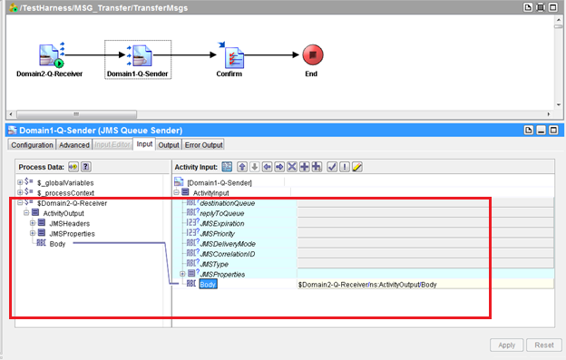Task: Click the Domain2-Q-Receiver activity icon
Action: [x=50, y=55]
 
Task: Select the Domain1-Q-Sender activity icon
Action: [x=137, y=55]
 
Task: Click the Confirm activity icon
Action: [x=229, y=55]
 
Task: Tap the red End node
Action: [x=311, y=54]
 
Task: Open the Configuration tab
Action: [x=32, y=145]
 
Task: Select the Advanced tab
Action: [x=74, y=145]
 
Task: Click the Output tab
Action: [x=169, y=145]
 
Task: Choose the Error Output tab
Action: [x=203, y=145]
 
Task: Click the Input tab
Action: [x=144, y=145]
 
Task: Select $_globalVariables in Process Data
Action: [x=65, y=182]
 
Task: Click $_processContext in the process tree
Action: [x=65, y=192]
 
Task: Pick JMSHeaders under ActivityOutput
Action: [x=69, y=223]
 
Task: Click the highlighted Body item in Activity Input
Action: [x=209, y=284]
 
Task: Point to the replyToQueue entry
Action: [x=223, y=213]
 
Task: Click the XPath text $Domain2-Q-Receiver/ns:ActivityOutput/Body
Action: [x=367, y=285]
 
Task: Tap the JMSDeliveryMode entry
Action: [x=228, y=243]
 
